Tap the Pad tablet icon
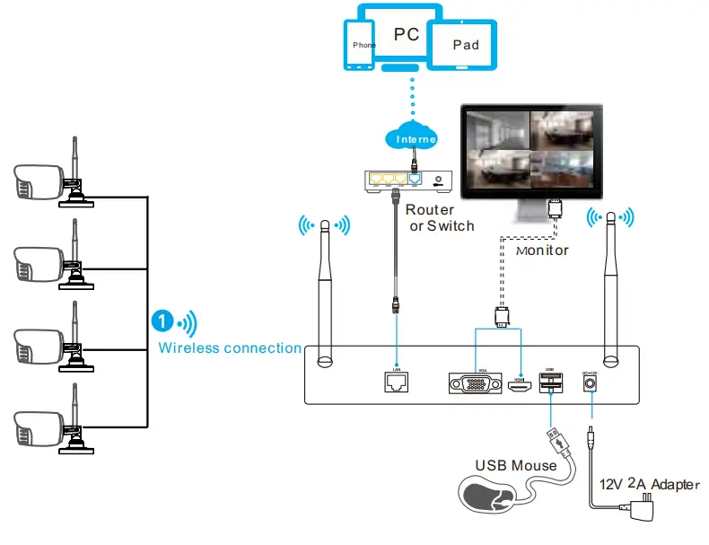coord(465,44)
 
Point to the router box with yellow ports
coord(407,180)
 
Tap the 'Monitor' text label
coord(542,251)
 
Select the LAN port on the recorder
coord(396,383)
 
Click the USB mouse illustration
coord(490,497)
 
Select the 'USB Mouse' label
coord(515,465)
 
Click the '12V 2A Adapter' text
coord(649,484)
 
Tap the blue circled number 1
coord(162,321)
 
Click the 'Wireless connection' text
coord(230,347)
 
